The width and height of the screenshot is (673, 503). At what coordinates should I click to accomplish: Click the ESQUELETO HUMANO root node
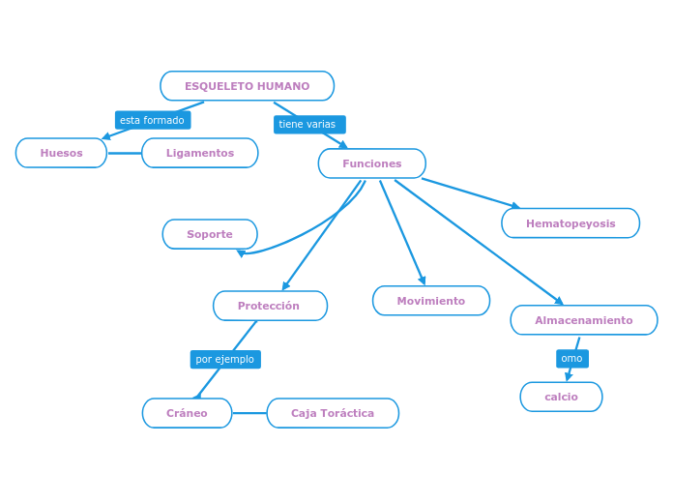pos(247,86)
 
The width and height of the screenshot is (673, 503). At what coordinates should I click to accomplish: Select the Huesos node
pos(61,153)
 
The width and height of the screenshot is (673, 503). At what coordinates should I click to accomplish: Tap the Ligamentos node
pos(199,153)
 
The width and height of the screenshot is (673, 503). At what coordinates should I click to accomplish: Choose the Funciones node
pos(371,163)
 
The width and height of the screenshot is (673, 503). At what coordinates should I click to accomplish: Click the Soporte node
pos(209,234)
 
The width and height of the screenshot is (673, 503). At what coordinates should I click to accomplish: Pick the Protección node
pos(270,306)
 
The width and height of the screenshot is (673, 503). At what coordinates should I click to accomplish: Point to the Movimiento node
pos(430,301)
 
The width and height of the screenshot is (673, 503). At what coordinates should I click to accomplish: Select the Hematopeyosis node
pos(570,223)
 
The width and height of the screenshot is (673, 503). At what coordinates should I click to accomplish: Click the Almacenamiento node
pos(583,320)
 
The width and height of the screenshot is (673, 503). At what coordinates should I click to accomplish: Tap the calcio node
pos(561,397)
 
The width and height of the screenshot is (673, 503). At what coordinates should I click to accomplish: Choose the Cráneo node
pos(187,413)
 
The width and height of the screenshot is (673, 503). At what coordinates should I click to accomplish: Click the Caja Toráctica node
pos(332,413)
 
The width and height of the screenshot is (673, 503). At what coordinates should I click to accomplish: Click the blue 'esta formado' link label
pos(152,120)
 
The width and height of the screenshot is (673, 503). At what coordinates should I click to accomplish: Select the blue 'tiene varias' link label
pos(308,124)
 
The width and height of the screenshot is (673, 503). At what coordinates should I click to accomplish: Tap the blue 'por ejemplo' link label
pos(224,359)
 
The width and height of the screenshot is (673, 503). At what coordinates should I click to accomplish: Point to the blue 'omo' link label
pos(571,358)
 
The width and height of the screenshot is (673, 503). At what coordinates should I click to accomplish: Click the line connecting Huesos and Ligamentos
pos(124,153)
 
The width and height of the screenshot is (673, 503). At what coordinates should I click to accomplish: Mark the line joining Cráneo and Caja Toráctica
pos(249,413)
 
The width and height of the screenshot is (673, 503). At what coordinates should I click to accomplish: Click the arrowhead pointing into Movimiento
pos(423,281)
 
